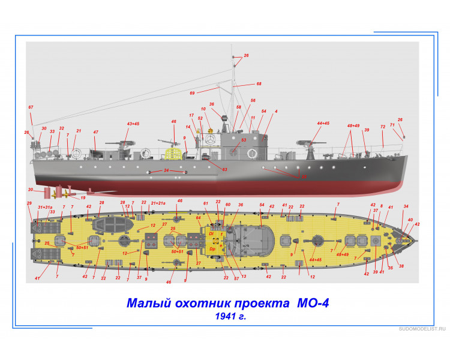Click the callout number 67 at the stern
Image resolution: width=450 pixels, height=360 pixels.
click(x=31, y=107)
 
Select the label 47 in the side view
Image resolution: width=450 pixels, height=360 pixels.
click(x=95, y=132)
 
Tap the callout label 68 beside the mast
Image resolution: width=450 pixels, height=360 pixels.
click(x=259, y=84)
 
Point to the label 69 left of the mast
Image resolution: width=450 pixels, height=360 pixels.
click(x=193, y=93)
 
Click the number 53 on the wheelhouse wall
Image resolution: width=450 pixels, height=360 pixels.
click(x=244, y=140)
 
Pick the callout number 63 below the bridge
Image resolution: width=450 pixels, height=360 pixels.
click(x=224, y=170)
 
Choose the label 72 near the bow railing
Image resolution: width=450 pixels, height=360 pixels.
click(x=382, y=127)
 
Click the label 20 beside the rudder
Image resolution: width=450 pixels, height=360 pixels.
click(x=30, y=190)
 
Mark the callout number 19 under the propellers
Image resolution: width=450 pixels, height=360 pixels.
click(x=83, y=197)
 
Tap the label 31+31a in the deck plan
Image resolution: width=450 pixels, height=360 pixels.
click(x=45, y=207)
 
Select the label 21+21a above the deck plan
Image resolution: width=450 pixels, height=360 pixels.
click(x=158, y=203)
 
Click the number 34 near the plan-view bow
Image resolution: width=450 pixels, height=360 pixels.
click(x=406, y=206)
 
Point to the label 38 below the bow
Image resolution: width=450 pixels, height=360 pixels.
click(x=401, y=266)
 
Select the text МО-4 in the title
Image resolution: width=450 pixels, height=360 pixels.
click(x=313, y=305)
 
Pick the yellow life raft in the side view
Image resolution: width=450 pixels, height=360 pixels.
click(x=173, y=154)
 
